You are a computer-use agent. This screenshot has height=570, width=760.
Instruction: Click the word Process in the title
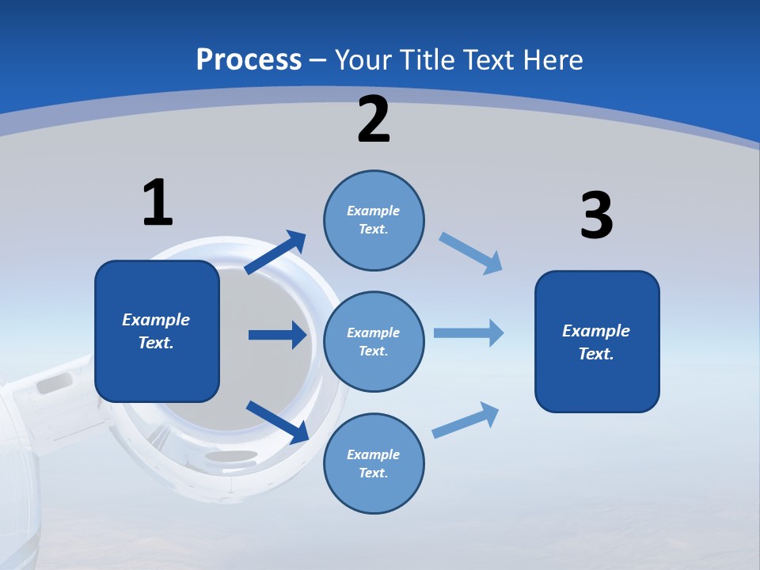pyautogui.click(x=249, y=59)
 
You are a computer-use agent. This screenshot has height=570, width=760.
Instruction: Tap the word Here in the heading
pyautogui.click(x=553, y=59)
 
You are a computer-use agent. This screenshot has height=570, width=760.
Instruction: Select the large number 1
pyautogui.click(x=158, y=203)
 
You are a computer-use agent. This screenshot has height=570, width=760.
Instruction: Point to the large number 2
pyautogui.click(x=374, y=120)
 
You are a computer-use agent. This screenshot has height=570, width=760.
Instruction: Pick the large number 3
pyautogui.click(x=596, y=216)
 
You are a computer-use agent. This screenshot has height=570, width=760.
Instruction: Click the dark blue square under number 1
pyautogui.click(x=157, y=331)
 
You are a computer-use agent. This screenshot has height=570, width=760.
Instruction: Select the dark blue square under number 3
pyautogui.click(x=597, y=341)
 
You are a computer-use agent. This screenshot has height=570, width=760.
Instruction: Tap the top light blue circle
pyautogui.click(x=374, y=220)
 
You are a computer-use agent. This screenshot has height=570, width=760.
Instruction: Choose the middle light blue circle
pyautogui.click(x=374, y=341)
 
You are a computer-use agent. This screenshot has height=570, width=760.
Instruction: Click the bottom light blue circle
pyautogui.click(x=374, y=463)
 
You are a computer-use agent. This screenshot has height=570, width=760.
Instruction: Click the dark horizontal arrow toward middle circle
pyautogui.click(x=277, y=335)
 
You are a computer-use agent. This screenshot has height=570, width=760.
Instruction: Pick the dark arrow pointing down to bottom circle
pyautogui.click(x=278, y=422)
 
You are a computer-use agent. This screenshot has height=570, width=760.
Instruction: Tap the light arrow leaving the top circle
pyautogui.click(x=471, y=253)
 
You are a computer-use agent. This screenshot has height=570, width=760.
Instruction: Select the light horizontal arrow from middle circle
pyautogui.click(x=469, y=333)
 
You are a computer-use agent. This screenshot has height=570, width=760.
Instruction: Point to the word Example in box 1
pyautogui.click(x=156, y=320)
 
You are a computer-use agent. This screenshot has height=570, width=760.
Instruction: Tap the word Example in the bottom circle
pyautogui.click(x=373, y=454)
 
